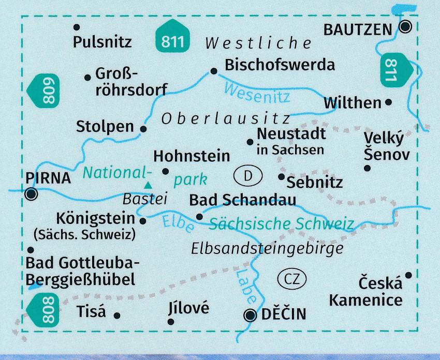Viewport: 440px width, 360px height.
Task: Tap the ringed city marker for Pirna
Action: click(x=32, y=194)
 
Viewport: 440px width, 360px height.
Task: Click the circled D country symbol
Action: click(x=247, y=176)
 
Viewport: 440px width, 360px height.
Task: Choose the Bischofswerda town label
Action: click(x=280, y=65)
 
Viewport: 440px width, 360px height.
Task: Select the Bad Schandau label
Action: click(x=243, y=200)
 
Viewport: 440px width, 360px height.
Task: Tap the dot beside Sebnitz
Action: click(x=281, y=177)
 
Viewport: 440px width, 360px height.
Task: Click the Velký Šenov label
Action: click(x=386, y=146)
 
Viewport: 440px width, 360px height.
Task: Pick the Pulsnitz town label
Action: click(x=102, y=41)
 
